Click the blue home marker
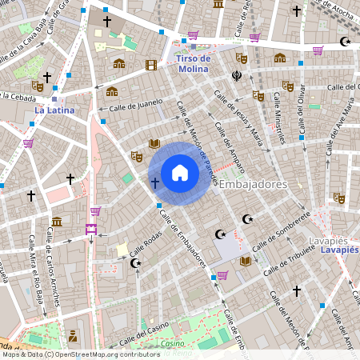(x=180, y=173)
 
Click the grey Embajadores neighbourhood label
(x=253, y=184)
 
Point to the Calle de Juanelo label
(x=136, y=105)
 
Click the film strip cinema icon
(x=150, y=64)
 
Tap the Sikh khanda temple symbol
(x=237, y=77)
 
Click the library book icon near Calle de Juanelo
(x=154, y=143)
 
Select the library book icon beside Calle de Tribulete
(x=245, y=261)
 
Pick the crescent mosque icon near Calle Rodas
(x=135, y=262)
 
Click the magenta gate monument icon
(x=90, y=229)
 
